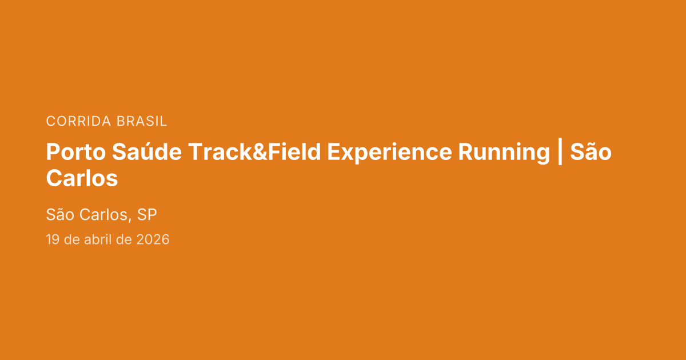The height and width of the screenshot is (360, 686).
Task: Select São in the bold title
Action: (591, 153)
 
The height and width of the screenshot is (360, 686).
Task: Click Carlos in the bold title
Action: (82, 178)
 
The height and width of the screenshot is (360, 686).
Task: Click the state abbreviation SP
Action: (147, 215)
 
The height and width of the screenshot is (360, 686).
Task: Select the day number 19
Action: (53, 239)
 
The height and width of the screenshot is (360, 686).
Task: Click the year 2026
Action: (153, 239)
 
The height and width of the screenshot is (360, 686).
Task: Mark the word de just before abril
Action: (72, 239)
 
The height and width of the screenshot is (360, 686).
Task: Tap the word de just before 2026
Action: (125, 239)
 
